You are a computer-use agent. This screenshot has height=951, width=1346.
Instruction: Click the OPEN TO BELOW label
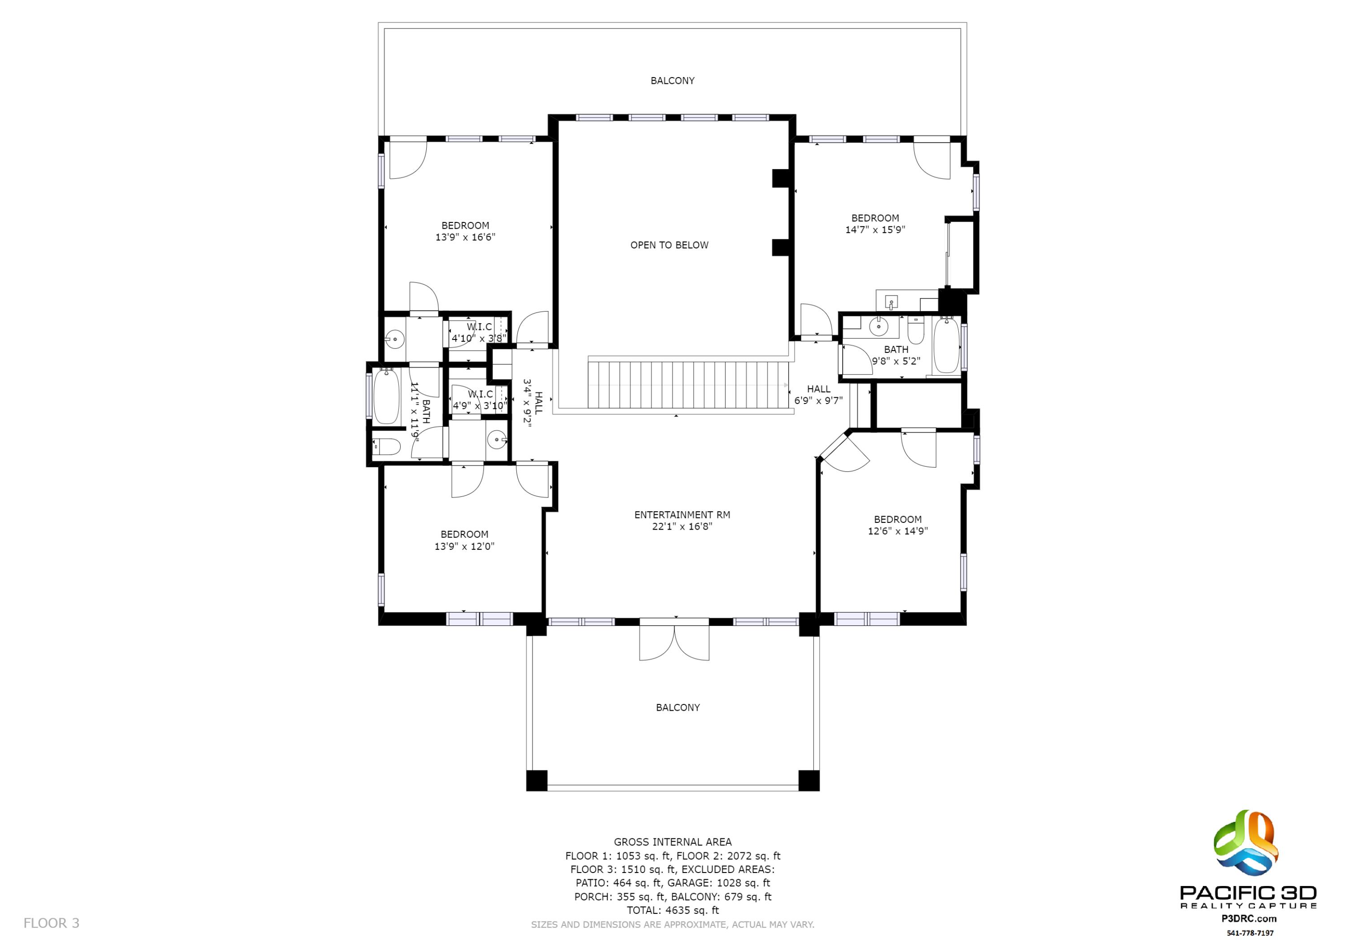[x=669, y=245]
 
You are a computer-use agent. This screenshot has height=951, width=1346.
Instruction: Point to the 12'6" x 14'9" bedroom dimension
[x=897, y=531]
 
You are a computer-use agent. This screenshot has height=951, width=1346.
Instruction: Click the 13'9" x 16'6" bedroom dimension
[x=465, y=237]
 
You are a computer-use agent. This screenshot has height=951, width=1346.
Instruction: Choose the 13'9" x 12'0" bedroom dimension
[x=464, y=547]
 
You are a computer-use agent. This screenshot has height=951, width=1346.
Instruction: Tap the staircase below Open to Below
[x=686, y=384]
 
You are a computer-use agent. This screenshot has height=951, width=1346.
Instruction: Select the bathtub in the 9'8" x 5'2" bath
[x=946, y=346]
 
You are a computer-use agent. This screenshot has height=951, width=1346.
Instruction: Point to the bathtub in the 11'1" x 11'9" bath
[x=386, y=396]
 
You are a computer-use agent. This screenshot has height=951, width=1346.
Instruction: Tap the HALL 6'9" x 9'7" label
[x=818, y=395]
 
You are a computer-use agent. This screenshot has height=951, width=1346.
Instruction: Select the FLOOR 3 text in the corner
[x=51, y=924]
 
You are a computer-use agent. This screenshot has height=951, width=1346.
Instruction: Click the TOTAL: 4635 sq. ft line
[x=673, y=911]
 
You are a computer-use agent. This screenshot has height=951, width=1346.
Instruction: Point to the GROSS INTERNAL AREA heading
[x=673, y=842]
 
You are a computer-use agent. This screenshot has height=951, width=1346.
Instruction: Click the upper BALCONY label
[x=673, y=81]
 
